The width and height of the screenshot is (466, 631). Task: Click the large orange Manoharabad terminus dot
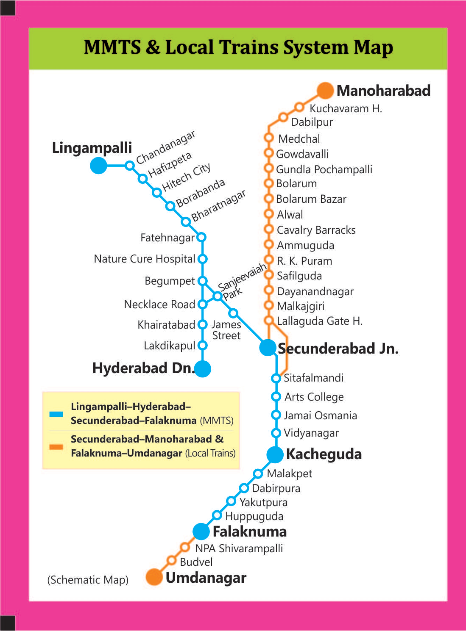pos(325,91)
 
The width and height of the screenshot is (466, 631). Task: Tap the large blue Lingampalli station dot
pos(99,165)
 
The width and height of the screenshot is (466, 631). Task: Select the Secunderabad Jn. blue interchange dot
pos(268,348)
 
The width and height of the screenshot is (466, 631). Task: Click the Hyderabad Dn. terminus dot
pos(203,368)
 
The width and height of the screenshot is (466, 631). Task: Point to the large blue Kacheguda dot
pos(275,455)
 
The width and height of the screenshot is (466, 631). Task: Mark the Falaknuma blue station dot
pos(201,531)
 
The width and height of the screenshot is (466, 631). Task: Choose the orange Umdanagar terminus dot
pos(154,577)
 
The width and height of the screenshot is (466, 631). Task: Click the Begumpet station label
pos(170,281)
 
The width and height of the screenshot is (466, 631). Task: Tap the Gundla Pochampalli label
pos(324,169)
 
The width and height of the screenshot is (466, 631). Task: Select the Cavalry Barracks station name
pos(316,230)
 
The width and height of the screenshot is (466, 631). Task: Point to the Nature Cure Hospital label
pos(144,259)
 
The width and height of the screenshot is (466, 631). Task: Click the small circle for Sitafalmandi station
pos(276,378)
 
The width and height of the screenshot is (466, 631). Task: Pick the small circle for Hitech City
pos(157,193)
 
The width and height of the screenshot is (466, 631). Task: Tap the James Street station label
pos(226,330)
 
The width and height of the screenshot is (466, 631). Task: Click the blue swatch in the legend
pos(56,414)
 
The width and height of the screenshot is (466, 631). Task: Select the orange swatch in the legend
pos(56,446)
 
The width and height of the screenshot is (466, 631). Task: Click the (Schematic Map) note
pos(88,580)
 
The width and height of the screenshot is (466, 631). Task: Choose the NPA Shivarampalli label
pos(239,548)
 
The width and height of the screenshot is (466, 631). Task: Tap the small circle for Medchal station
pos(268,138)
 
